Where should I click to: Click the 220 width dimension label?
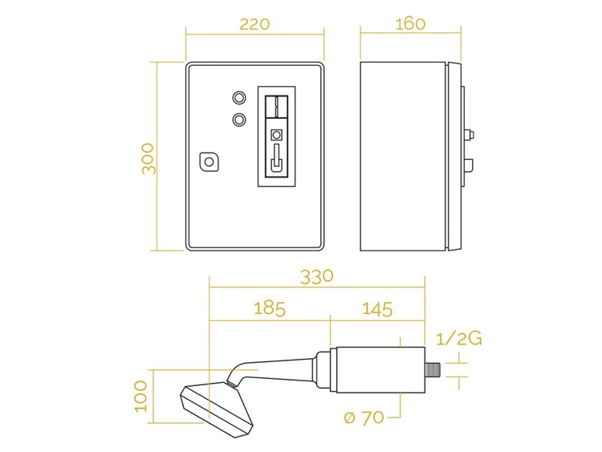click(254, 24)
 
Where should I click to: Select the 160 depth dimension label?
click(410, 24)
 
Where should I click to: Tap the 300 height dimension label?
click(148, 159)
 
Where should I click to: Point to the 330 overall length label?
click(317, 277)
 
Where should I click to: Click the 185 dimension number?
click(270, 309)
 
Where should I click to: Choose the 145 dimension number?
click(377, 309)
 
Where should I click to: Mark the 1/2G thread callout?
click(459, 339)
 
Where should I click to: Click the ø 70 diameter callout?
click(364, 417)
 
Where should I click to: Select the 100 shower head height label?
click(141, 397)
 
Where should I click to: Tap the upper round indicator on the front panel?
click(239, 97)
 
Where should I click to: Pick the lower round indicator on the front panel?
click(239, 119)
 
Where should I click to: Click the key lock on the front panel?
click(209, 161)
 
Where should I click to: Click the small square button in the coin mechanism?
click(276, 135)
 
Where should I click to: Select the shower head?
click(217, 409)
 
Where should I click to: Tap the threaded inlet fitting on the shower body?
click(433, 369)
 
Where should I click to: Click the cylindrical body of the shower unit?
click(380, 370)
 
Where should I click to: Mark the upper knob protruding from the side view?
click(470, 134)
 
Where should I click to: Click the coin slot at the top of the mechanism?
click(276, 106)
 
